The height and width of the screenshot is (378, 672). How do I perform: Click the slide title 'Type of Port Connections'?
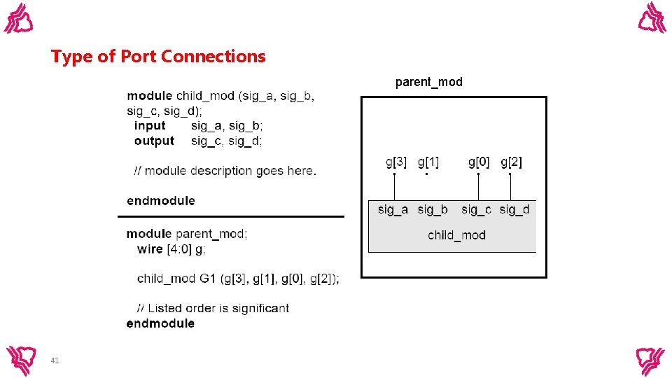point(158,57)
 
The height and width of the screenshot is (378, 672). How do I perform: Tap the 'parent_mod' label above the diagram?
point(428,82)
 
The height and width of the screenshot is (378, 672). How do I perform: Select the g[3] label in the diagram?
point(395,162)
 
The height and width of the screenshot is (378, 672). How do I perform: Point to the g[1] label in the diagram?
point(428,162)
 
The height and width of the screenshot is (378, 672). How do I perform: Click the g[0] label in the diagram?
point(479,162)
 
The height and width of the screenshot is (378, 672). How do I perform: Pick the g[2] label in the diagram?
point(511,162)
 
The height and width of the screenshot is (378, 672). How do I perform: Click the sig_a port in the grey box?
point(393,209)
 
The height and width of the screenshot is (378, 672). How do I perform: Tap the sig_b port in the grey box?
point(433,209)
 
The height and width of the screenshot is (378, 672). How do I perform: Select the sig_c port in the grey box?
point(476,209)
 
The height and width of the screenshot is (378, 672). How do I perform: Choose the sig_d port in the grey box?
point(514,209)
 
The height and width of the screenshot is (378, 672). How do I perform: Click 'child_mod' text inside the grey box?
point(456,235)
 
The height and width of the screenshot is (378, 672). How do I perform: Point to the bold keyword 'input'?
point(150,126)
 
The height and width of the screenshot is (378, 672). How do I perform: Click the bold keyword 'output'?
point(154,141)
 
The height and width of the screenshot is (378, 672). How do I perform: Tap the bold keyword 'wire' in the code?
point(150,249)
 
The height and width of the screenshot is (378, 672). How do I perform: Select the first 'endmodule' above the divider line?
point(161,201)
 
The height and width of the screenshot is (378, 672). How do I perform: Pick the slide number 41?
point(55,360)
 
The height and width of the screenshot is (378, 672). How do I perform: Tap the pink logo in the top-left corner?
point(19,18)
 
